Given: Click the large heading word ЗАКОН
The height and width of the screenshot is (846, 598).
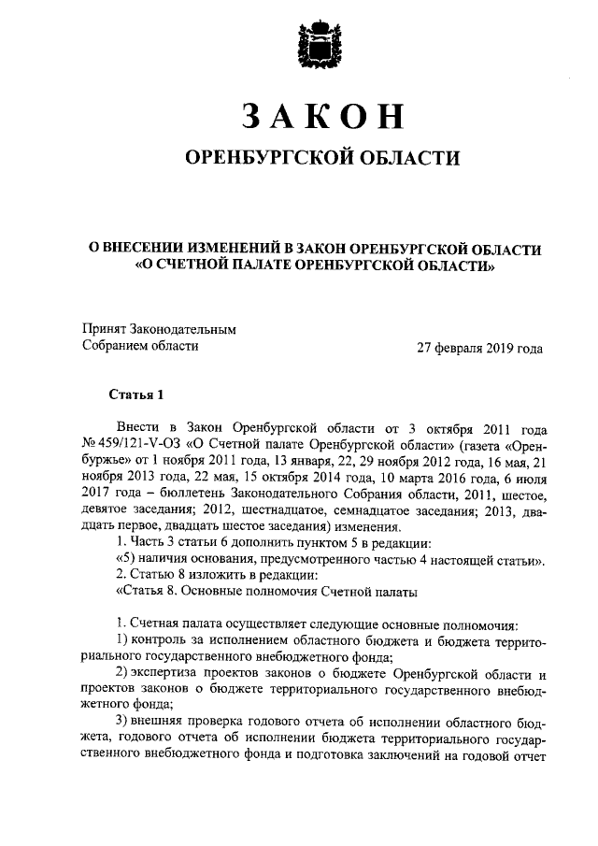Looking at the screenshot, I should click(321, 115).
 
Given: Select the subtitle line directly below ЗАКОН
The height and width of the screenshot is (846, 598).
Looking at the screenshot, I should click(321, 158).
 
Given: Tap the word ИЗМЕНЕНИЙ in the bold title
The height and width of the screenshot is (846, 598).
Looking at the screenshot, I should click(234, 250).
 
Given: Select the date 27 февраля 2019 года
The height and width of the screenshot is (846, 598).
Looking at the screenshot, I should click(479, 348).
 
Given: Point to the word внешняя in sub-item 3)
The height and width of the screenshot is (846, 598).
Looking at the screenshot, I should click(162, 725).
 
